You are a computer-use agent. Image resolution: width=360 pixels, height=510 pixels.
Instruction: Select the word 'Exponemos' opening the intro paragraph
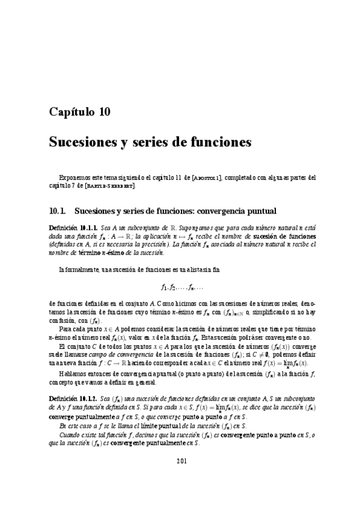[74, 177]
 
